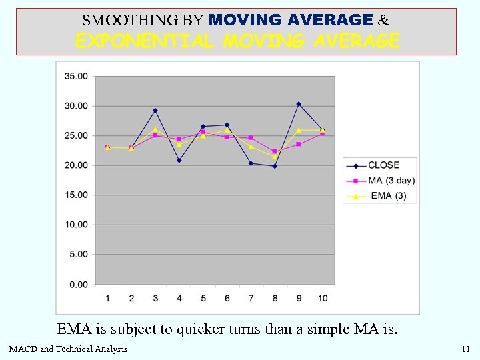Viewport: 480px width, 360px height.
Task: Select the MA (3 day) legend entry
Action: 391,181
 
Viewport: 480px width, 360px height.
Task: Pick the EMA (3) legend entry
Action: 387,196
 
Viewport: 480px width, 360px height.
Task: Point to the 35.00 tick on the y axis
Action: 75,77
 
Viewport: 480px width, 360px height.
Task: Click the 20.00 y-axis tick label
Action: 75,165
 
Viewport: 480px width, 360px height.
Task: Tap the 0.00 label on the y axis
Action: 77,285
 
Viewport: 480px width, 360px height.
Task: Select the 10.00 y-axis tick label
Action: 75,225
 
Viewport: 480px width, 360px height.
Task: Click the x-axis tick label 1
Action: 107,298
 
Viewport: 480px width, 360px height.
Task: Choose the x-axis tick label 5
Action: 203,298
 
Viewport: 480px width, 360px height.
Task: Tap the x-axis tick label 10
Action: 323,298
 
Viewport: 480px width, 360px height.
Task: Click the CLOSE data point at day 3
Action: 155,111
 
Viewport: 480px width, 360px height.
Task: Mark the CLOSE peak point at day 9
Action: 299,104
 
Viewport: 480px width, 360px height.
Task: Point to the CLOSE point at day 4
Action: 179,161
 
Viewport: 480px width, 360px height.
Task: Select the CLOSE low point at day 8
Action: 275,166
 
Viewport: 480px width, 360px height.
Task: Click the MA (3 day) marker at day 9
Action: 299,144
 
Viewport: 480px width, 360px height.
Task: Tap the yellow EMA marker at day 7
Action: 251,147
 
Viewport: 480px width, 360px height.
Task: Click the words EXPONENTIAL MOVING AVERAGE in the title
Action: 237,42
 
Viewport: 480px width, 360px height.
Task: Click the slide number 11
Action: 465,349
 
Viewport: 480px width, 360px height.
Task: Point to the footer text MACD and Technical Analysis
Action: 68,349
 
